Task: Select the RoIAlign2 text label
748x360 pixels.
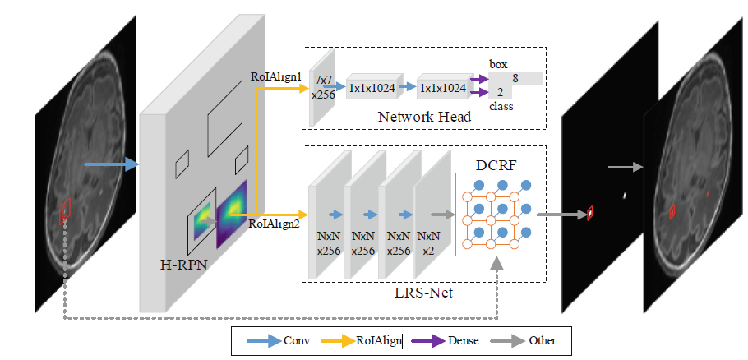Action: tap(274, 222)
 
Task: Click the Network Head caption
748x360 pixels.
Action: tap(424, 117)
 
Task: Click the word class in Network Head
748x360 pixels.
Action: tap(501, 107)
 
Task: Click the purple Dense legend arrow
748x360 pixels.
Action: tap(422, 339)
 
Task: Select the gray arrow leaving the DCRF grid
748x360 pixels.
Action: tap(556, 215)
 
